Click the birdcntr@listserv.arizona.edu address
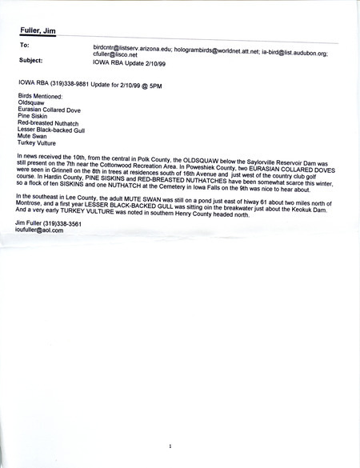[133, 48]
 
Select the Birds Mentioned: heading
[39, 94]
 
